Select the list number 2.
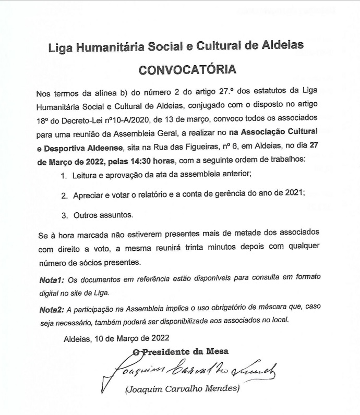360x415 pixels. click(64, 195)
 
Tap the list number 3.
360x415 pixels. click(64, 215)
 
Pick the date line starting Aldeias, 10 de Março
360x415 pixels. click(116, 338)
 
